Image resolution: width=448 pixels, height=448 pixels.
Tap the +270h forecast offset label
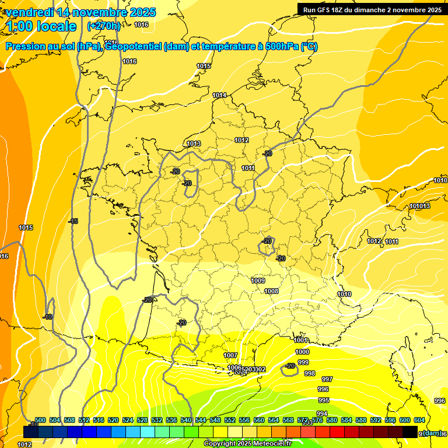tap(104, 26)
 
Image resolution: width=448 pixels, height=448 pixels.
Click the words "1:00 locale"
tap(41, 26)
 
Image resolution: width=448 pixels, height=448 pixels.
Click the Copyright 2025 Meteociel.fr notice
tap(248, 444)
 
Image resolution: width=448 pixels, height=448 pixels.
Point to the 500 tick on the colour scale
tap(40, 420)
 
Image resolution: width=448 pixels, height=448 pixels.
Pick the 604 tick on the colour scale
tap(419, 420)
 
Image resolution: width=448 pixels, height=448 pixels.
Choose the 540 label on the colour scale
tap(186, 420)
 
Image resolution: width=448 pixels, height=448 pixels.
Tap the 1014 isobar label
tap(219, 95)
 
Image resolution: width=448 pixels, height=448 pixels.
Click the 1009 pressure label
tap(258, 281)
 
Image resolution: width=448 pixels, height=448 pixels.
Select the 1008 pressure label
tap(271, 291)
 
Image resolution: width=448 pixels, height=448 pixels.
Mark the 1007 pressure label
tap(230, 355)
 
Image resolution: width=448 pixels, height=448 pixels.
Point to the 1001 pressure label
tap(301, 340)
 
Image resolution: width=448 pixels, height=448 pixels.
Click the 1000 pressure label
tap(302, 352)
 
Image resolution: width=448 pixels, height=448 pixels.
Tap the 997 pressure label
tap(327, 379)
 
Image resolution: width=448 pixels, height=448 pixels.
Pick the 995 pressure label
tap(324, 400)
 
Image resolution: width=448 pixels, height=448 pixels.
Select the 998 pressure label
tap(310, 373)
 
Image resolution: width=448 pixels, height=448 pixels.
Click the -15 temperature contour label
tap(73, 221)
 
